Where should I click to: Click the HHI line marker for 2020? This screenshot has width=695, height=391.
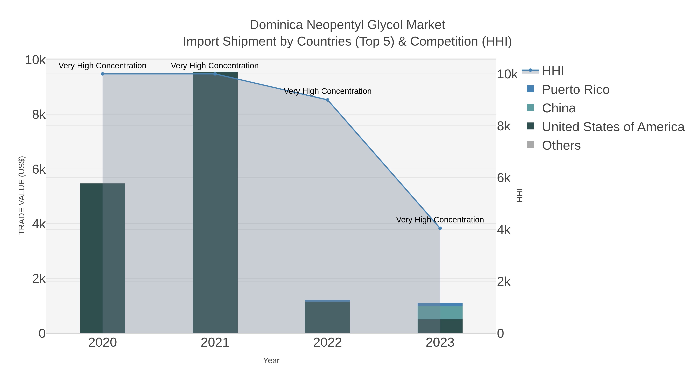[103, 74]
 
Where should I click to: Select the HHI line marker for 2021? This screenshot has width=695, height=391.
[215, 74]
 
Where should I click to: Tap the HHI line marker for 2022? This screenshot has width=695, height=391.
[328, 100]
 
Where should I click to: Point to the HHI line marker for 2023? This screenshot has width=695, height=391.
[440, 228]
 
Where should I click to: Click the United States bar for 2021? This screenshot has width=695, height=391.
[215, 202]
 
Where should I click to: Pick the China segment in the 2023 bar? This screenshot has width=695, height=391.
[440, 313]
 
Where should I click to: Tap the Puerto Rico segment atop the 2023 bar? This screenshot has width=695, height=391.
[440, 304]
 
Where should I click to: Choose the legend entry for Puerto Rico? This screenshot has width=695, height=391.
[575, 90]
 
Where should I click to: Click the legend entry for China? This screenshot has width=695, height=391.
[559, 108]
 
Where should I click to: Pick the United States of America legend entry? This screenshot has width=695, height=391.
[613, 127]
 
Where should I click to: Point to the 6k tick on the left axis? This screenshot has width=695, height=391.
[39, 170]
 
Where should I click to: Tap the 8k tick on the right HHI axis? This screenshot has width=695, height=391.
[504, 126]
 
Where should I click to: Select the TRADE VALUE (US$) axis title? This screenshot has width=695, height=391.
[22, 195]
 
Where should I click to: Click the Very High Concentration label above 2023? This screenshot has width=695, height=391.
[440, 220]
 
